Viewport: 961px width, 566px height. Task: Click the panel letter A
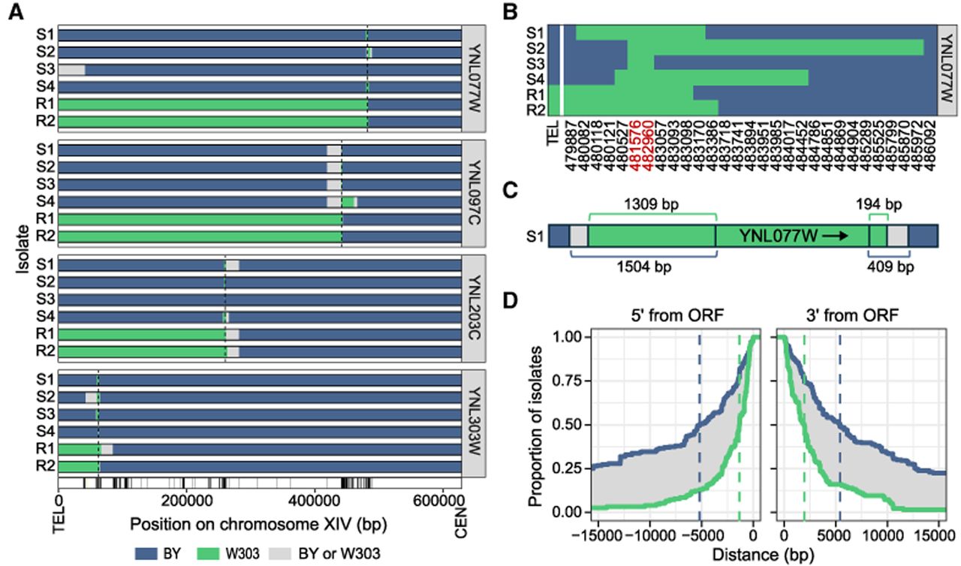[x=17, y=12]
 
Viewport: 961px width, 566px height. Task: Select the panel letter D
[x=511, y=301]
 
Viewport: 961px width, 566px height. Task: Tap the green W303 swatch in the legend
[x=208, y=553]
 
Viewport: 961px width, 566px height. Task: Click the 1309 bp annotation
[x=651, y=204]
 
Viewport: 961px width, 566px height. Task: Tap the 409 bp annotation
[x=890, y=266]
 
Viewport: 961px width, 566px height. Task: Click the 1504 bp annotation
[x=644, y=266]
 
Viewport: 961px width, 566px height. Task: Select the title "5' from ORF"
[x=677, y=315]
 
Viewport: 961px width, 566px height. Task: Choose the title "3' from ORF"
[x=852, y=315]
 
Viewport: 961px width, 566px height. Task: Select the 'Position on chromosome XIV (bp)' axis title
[x=259, y=524]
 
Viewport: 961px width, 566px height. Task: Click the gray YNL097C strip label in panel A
[x=474, y=193]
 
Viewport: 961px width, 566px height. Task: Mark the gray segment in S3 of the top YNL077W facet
[x=71, y=70]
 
